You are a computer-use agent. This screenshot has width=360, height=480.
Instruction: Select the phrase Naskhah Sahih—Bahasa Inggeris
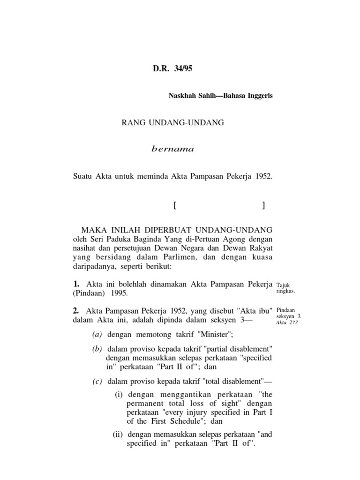[220, 96]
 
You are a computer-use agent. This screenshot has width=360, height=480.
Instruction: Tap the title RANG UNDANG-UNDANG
[173, 123]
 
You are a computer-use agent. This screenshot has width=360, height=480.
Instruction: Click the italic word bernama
[172, 150]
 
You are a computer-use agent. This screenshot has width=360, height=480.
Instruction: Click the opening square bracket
[174, 205]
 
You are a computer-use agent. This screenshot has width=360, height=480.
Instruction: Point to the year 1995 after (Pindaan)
[119, 293]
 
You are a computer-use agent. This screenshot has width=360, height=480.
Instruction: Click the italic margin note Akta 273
[287, 322]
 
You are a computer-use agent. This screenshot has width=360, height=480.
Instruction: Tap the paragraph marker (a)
[97, 334]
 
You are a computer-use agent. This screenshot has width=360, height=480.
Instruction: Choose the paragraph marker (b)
[97, 350]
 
